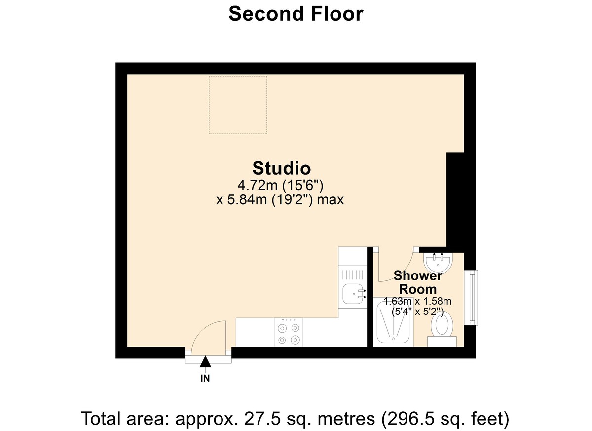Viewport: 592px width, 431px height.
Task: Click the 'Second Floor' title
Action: (x=296, y=14)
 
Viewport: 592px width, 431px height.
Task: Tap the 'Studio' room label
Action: (x=282, y=168)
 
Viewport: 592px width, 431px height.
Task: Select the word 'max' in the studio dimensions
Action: (x=330, y=200)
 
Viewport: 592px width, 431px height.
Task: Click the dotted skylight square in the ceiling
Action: (x=238, y=105)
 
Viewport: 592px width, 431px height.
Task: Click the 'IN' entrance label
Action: (x=205, y=379)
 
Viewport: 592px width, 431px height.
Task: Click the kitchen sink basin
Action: (x=352, y=294)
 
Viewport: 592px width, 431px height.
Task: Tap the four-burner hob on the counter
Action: (x=289, y=333)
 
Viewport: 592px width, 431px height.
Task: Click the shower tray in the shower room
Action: (x=394, y=322)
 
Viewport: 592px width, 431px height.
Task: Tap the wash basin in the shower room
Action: (x=438, y=262)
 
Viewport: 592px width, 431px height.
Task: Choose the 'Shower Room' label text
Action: (x=417, y=283)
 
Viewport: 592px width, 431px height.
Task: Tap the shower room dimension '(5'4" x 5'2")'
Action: (x=417, y=312)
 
